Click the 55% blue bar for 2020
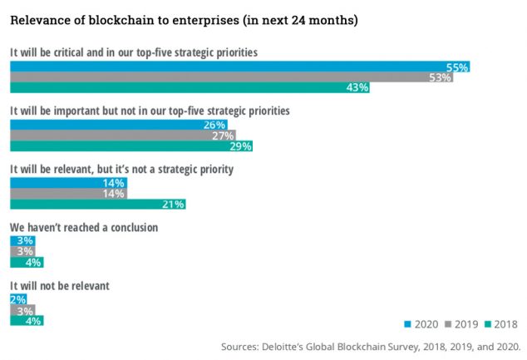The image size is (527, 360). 240,66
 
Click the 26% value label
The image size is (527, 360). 214,124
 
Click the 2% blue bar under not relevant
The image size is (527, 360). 17,299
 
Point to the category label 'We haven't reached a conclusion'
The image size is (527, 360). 83,226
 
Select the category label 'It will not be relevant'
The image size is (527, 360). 59,285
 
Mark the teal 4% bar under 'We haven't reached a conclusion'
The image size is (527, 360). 26,262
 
